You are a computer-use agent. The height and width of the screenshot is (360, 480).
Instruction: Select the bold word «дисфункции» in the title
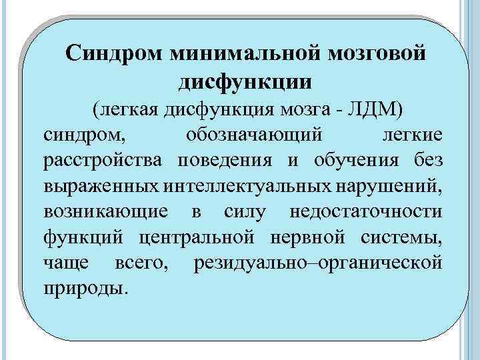click(x=244, y=81)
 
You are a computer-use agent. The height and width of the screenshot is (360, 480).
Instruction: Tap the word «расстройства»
click(x=105, y=160)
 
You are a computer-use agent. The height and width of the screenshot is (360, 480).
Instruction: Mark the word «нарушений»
click(x=393, y=186)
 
